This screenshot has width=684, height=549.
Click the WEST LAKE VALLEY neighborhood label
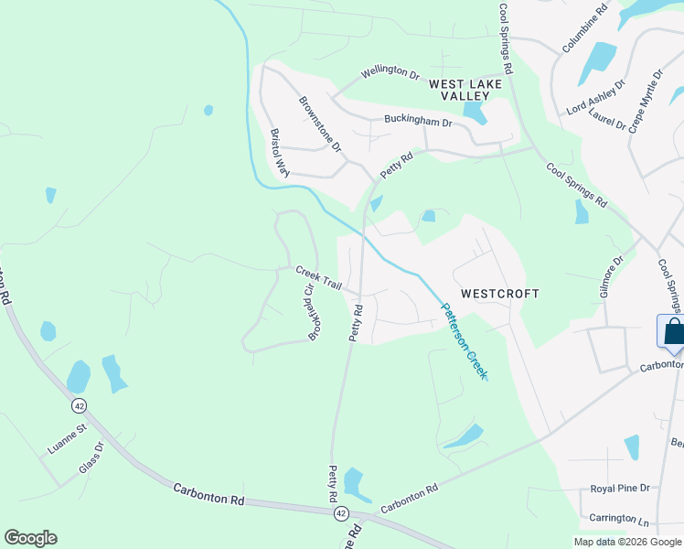pyautogui.click(x=466, y=89)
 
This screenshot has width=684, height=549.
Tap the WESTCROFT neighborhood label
pyautogui.click(x=499, y=294)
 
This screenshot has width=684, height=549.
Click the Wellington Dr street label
pyautogui.click(x=390, y=72)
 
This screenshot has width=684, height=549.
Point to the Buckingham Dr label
pyautogui.click(x=418, y=121)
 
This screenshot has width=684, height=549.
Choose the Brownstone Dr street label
pyautogui.click(x=321, y=124)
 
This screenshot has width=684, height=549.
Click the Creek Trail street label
pyautogui.click(x=318, y=278)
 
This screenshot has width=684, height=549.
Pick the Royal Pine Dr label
pyautogui.click(x=620, y=489)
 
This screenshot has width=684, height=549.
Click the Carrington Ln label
pyautogui.click(x=617, y=518)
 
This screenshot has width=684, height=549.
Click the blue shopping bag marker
pyautogui.click(x=673, y=330)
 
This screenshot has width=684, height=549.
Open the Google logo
pyautogui.click(x=30, y=538)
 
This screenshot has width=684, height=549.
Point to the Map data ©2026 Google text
pyautogui.click(x=626, y=542)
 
